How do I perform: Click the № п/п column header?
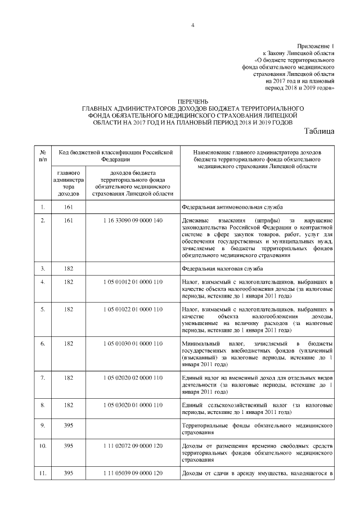(42, 155)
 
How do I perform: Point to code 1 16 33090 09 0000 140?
(133, 220)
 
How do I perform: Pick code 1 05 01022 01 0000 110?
(133, 309)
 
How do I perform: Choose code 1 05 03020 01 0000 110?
(133, 404)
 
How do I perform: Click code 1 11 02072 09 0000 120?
(133, 445)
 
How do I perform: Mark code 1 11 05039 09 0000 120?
(133, 474)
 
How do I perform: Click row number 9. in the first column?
(42, 426)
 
